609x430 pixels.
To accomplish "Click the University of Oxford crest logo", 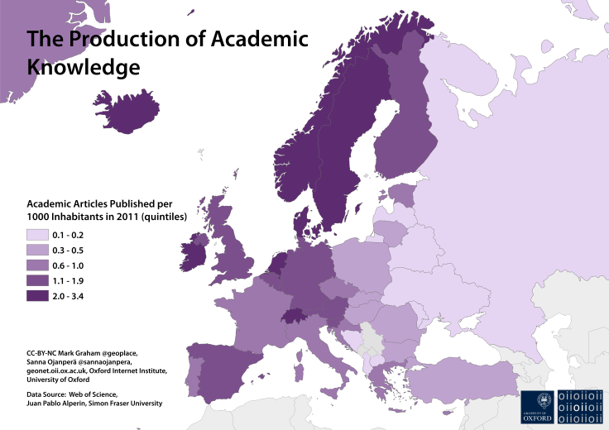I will pyautogui.click(x=538, y=406).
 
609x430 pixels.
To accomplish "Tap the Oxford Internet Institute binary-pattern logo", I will pyautogui.click(x=581, y=406).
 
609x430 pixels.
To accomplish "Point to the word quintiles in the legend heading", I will pyautogui.click(x=162, y=217).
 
